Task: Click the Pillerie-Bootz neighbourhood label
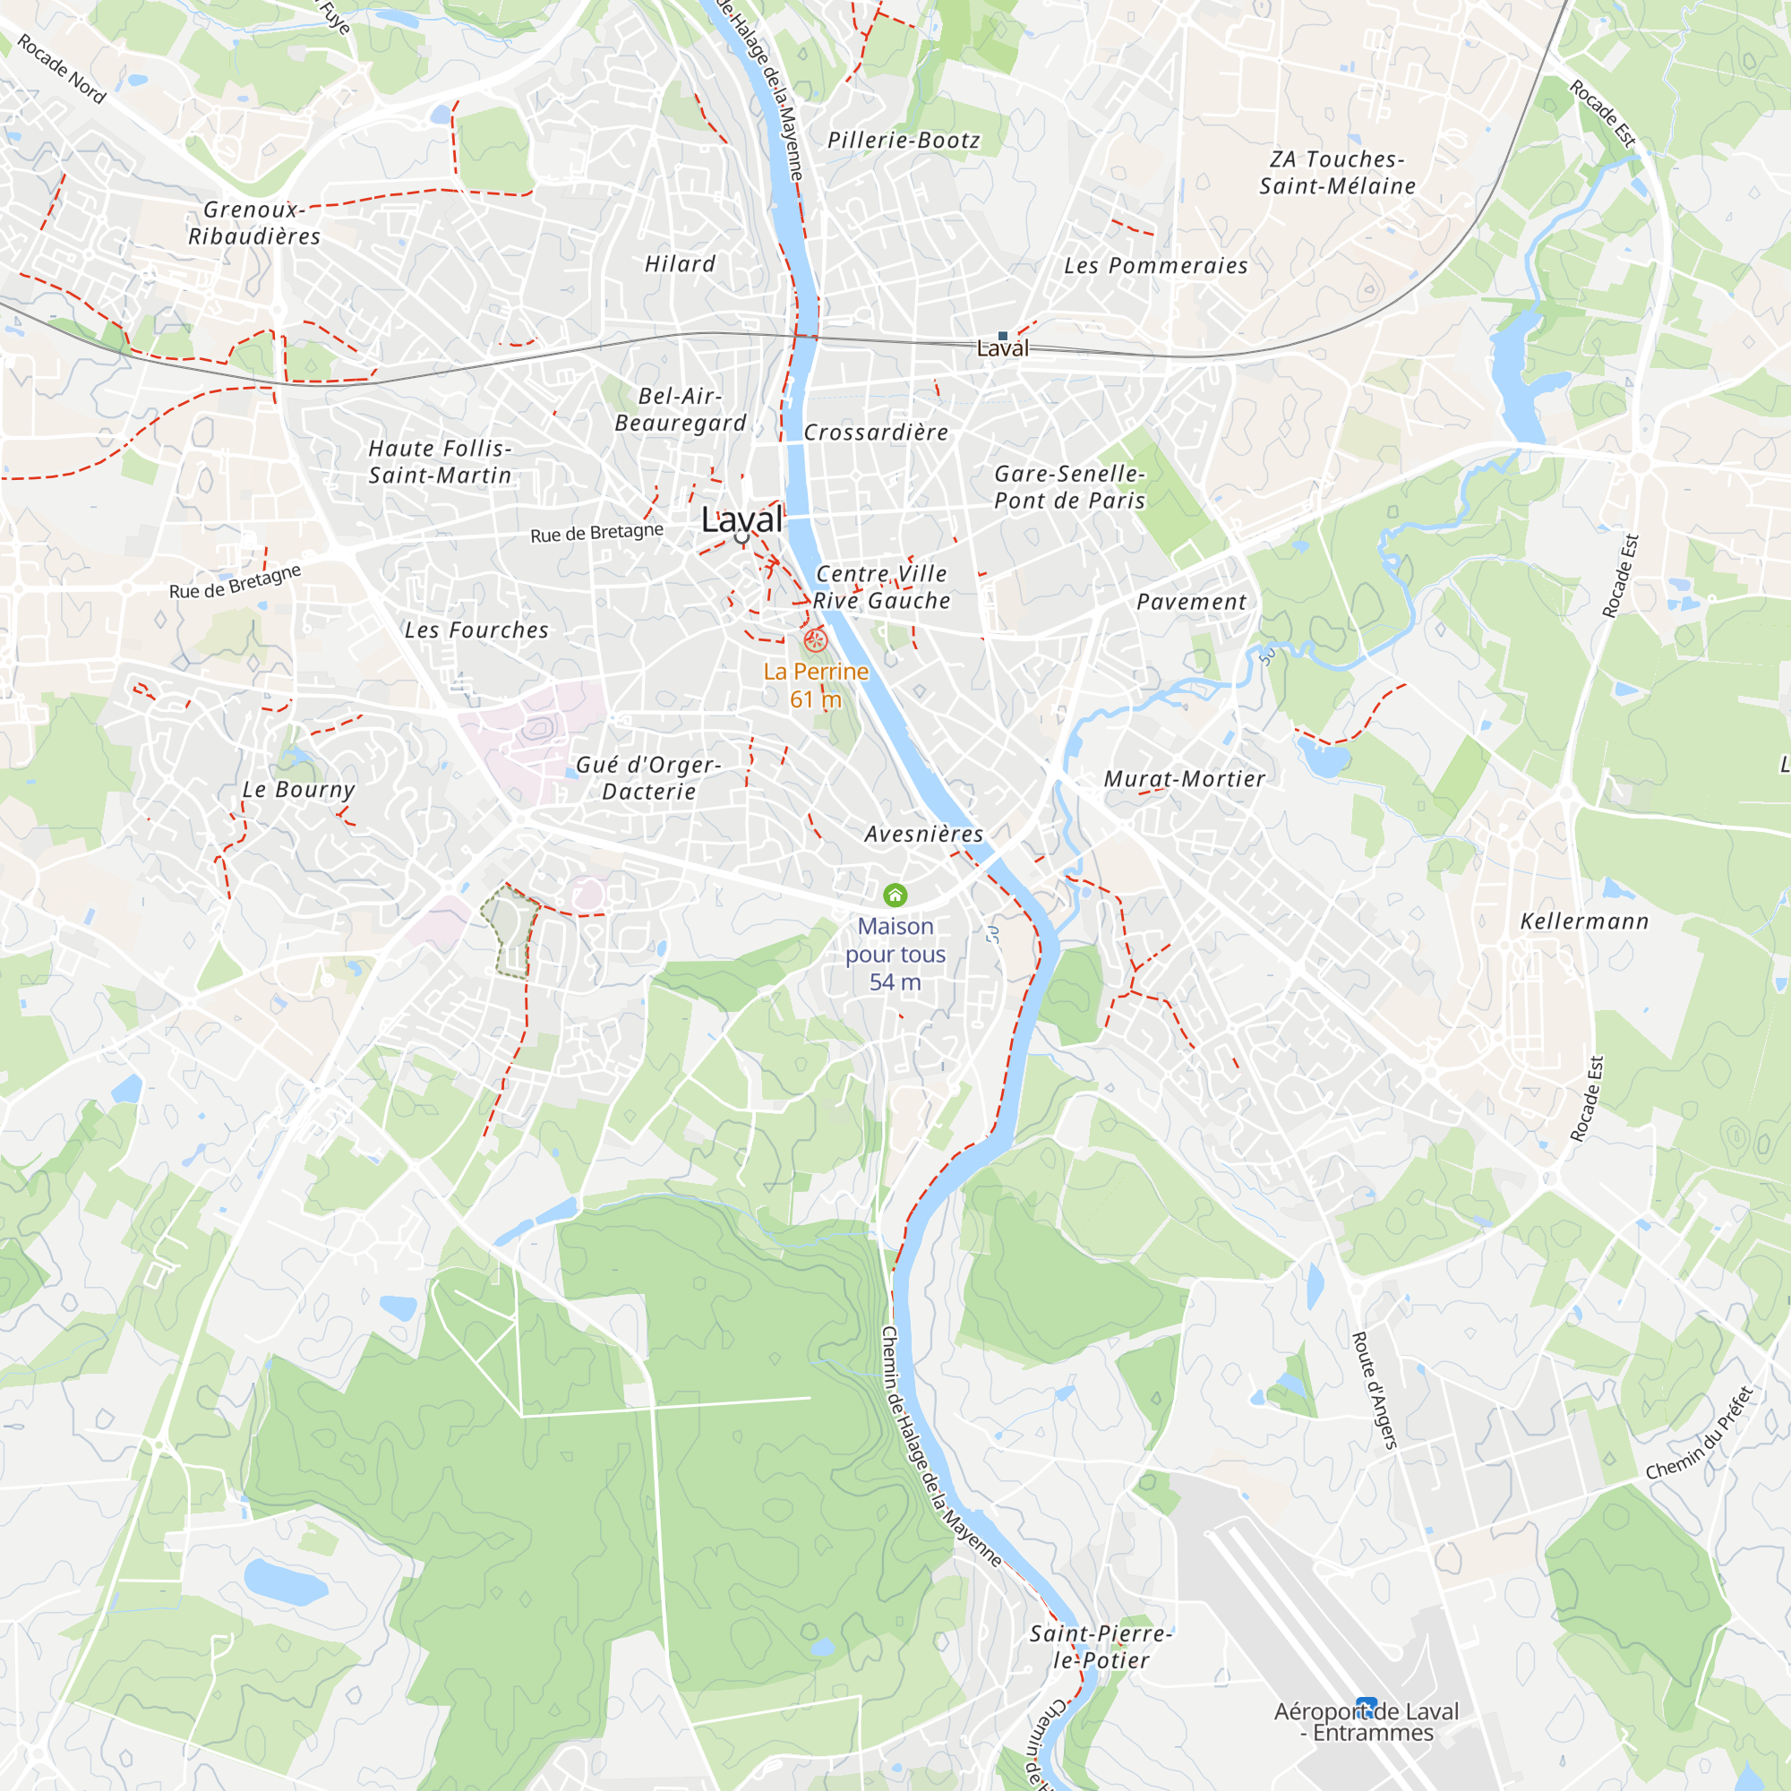pyautogui.click(x=903, y=140)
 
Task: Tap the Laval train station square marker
pyautogui.click(x=1002, y=336)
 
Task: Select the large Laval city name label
pyautogui.click(x=741, y=519)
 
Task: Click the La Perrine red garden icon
pyautogui.click(x=815, y=638)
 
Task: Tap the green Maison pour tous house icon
pyautogui.click(x=895, y=895)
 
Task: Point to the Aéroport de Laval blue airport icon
pyautogui.click(x=1366, y=1704)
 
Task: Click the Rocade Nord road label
pyautogui.click(x=61, y=69)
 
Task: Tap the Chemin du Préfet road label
pyautogui.click(x=1701, y=1433)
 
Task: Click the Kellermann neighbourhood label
pyautogui.click(x=1584, y=921)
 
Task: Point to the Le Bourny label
pyautogui.click(x=298, y=790)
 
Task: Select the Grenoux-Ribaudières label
pyautogui.click(x=254, y=223)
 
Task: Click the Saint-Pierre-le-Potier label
pyautogui.click(x=1101, y=1647)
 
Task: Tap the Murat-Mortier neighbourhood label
pyautogui.click(x=1184, y=779)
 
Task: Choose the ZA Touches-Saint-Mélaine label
pyautogui.click(x=1337, y=173)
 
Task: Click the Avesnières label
pyautogui.click(x=924, y=835)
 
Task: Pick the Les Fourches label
pyautogui.click(x=476, y=630)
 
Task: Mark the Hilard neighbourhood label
pyautogui.click(x=681, y=264)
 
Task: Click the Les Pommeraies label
pyautogui.click(x=1156, y=266)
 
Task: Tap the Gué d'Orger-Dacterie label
pyautogui.click(x=649, y=778)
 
